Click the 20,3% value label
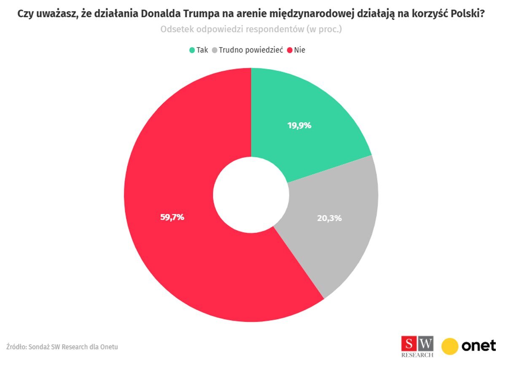(x=329, y=218)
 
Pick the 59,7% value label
(x=172, y=218)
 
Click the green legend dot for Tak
(x=192, y=50)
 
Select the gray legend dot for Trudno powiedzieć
(x=215, y=50)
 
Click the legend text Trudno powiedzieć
(x=250, y=50)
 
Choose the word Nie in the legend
(x=300, y=50)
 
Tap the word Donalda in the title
(x=160, y=14)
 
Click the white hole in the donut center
(x=251, y=195)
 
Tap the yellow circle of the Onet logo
(x=450, y=346)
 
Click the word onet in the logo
(x=479, y=346)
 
